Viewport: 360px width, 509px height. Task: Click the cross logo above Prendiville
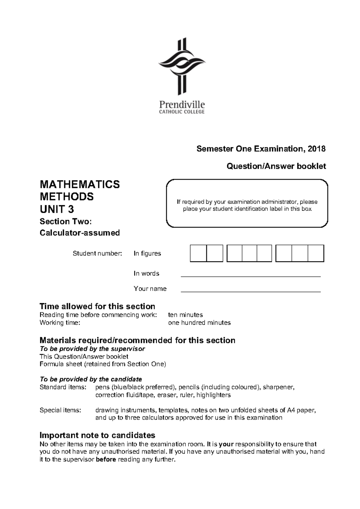(181, 67)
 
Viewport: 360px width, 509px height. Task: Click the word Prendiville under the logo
(182, 105)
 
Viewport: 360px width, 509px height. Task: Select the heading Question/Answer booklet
(276, 166)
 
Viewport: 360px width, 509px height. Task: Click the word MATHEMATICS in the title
(79, 184)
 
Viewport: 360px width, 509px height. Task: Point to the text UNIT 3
(57, 209)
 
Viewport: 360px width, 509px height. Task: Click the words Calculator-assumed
(79, 233)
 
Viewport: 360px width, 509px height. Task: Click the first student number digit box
(198, 253)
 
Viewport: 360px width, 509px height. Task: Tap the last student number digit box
(316, 253)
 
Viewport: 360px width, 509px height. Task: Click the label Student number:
(97, 254)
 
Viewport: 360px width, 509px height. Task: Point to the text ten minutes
(185, 315)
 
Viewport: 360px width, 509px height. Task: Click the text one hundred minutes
(199, 323)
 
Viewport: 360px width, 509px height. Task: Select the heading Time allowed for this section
(97, 306)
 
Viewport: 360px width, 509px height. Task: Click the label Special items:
(60, 410)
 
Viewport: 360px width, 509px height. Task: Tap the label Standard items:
(63, 387)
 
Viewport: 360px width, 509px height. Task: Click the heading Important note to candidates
(97, 435)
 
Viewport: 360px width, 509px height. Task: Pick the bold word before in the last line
(106, 460)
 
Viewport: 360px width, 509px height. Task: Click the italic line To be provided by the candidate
(91, 379)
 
